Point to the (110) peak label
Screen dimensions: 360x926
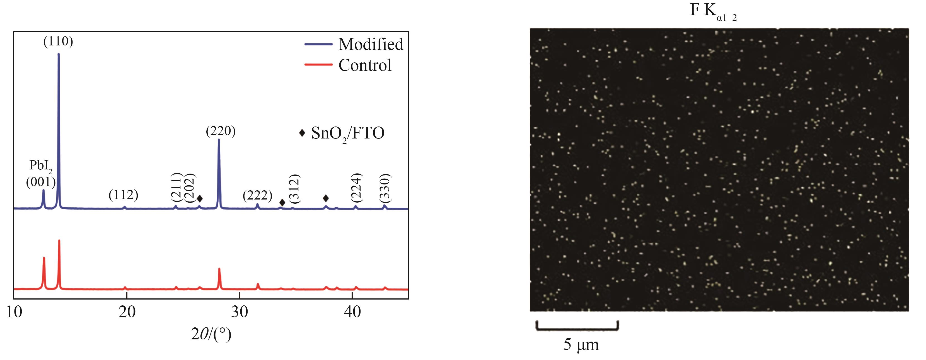58,42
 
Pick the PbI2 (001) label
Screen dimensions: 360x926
41,174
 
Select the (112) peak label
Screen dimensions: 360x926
123,195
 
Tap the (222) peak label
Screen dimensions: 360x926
257,195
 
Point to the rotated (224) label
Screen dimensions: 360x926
357,188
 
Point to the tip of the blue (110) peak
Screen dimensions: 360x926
59,54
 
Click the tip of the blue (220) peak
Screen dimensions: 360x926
219,139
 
